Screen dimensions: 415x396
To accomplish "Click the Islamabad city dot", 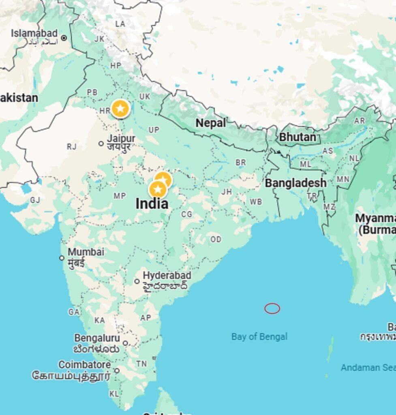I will click(64, 39).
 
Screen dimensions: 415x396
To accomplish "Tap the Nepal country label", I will click(211, 123).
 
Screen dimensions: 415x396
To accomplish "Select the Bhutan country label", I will click(297, 137).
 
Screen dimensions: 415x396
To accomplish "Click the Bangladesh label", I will click(295, 183).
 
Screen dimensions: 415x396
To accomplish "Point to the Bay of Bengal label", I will click(259, 336).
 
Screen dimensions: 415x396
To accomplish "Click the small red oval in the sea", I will click(272, 308).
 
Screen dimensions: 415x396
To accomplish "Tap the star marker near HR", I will click(120, 109).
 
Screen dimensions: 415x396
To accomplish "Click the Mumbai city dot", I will click(62, 258).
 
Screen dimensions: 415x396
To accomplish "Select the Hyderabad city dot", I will click(137, 281).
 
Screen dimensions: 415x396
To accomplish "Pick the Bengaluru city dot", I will click(125, 343).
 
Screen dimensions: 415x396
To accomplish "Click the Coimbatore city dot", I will click(117, 370).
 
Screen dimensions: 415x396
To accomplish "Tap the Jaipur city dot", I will click(101, 143).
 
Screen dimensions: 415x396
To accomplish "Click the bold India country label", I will click(152, 203).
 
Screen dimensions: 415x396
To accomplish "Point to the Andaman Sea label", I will click(367, 368).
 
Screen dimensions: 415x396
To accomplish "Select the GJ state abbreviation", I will click(35, 200).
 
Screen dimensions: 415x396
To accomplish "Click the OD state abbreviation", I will click(216, 240).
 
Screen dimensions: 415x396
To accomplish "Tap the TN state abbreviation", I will click(141, 364).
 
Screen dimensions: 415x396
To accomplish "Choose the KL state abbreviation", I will click(114, 394).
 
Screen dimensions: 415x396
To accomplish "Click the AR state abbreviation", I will click(360, 121).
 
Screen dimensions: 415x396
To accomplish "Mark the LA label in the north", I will click(120, 24).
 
